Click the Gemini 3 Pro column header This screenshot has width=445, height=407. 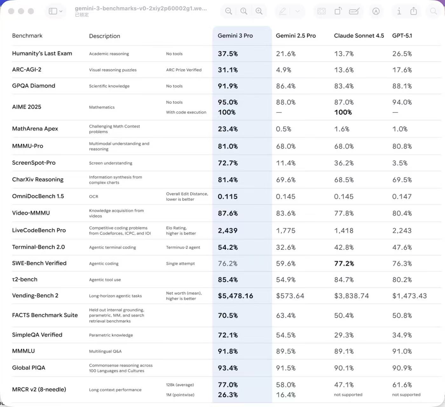tap(235, 36)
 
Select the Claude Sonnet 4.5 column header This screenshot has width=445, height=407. tap(359, 36)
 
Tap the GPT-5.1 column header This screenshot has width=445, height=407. tap(402, 36)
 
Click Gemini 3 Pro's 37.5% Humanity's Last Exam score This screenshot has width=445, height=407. tap(228, 54)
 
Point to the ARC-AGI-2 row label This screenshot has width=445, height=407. tap(27, 69)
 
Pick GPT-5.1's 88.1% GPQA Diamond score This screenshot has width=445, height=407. tap(402, 86)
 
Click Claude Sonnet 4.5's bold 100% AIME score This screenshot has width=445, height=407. tap(343, 112)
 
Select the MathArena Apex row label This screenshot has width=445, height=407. tap(35, 128)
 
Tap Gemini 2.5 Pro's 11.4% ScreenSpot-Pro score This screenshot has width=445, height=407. tap(286, 163)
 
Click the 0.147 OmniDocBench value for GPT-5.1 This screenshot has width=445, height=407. tap(402, 197)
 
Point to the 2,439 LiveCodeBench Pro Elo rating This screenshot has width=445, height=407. tap(228, 231)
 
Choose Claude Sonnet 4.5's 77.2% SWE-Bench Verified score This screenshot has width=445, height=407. tap(344, 264)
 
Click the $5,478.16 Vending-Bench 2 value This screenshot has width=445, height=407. tap(236, 296)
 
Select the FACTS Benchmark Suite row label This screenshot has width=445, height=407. tap(45, 315)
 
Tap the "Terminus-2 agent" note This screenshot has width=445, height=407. tap(183, 247)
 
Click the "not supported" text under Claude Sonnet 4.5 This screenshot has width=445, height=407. tap(348, 395)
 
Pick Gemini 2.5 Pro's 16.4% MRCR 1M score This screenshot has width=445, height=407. tap(286, 395)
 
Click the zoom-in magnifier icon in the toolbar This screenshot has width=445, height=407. tap(259, 11)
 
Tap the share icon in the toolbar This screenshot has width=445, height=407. tap(414, 11)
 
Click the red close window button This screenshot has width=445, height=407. tap(11, 11)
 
